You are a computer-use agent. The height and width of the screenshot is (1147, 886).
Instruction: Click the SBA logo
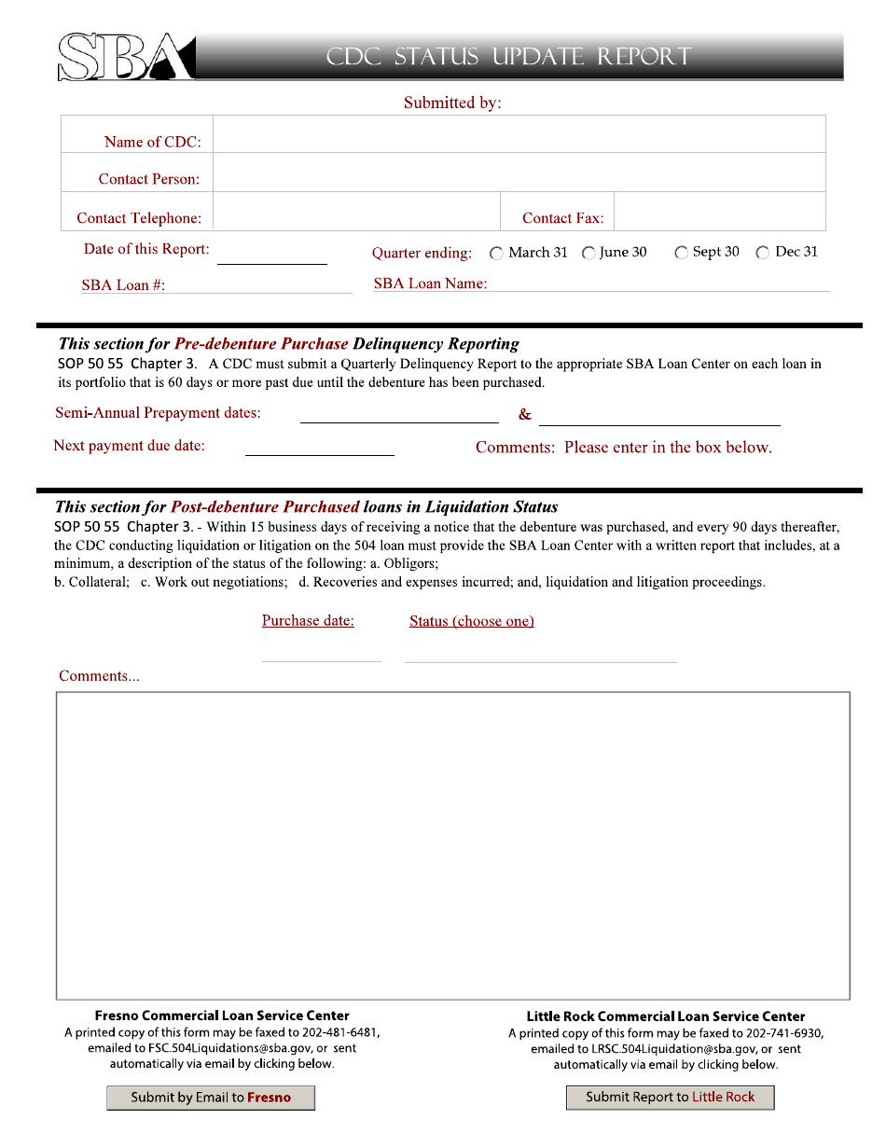pyautogui.click(x=126, y=57)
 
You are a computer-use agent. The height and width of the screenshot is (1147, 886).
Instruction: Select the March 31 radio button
pyautogui.click(x=496, y=253)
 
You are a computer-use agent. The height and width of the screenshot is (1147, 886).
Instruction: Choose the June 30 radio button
pyautogui.click(x=588, y=253)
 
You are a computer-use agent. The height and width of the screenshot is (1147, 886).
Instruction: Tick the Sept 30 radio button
pyautogui.click(x=682, y=253)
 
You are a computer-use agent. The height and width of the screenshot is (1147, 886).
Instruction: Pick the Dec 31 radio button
pyautogui.click(x=763, y=253)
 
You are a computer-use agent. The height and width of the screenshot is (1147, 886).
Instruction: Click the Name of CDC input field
pyautogui.click(x=519, y=134)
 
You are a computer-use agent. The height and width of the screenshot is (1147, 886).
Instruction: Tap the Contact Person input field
pyautogui.click(x=519, y=173)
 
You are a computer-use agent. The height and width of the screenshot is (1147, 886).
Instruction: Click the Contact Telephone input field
pyautogui.click(x=356, y=212)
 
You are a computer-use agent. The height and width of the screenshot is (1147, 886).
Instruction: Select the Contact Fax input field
pyautogui.click(x=720, y=212)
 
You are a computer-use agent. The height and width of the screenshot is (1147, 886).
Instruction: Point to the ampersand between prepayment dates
pyautogui.click(x=525, y=415)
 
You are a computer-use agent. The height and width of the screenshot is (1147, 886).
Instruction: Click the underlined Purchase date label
pyautogui.click(x=308, y=621)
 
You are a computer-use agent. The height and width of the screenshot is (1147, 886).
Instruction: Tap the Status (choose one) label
pyautogui.click(x=472, y=622)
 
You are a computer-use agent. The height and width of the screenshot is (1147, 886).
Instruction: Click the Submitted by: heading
pyautogui.click(x=452, y=103)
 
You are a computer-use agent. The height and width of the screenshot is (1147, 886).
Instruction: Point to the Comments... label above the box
pyautogui.click(x=99, y=676)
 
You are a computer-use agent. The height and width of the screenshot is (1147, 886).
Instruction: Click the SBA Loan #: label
pyautogui.click(x=123, y=285)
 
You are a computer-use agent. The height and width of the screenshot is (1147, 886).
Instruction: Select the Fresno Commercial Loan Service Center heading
pyautogui.click(x=222, y=1016)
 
